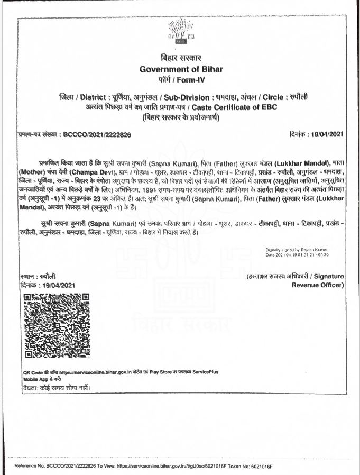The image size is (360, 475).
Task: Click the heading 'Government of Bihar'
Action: pos(181,69)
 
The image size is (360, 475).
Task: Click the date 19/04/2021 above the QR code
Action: pos(55,285)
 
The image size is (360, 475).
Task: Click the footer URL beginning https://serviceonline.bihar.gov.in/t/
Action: pos(169,467)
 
